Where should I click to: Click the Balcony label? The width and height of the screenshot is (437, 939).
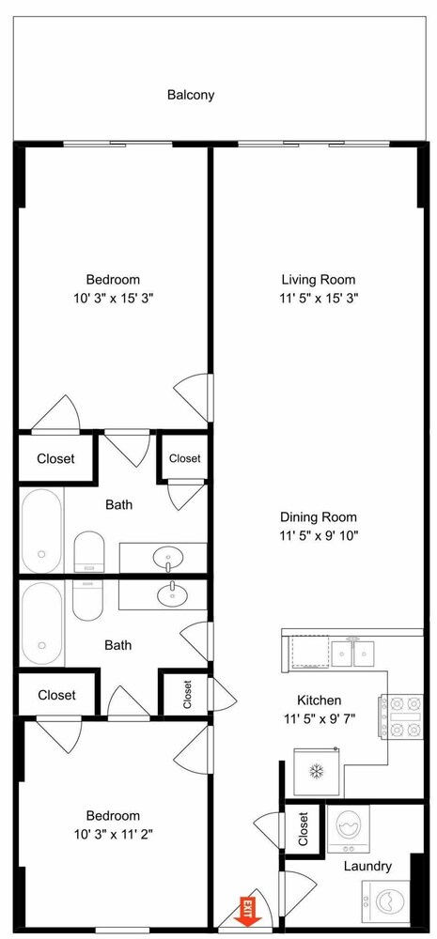click(191, 95)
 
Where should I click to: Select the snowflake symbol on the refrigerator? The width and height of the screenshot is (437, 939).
click(317, 771)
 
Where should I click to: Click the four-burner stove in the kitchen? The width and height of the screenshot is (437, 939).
click(400, 716)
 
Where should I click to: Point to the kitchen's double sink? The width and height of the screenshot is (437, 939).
click(353, 654)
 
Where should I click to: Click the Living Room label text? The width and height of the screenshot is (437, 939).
click(319, 280)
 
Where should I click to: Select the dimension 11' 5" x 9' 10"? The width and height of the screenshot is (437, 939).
click(319, 535)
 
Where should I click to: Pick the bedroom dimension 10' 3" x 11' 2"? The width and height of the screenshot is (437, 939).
click(114, 835)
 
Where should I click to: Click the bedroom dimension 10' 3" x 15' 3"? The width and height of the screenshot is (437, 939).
click(114, 299)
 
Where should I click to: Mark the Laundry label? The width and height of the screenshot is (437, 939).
click(368, 866)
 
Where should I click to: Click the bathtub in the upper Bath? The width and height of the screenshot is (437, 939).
click(42, 531)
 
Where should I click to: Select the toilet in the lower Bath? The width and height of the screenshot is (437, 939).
click(88, 600)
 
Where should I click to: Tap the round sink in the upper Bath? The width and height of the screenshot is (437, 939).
click(169, 560)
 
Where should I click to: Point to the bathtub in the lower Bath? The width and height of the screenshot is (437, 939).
click(42, 623)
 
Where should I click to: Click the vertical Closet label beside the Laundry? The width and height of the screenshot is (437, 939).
click(303, 829)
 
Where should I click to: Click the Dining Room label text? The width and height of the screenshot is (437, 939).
click(319, 516)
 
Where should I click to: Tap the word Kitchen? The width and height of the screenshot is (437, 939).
click(319, 700)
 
